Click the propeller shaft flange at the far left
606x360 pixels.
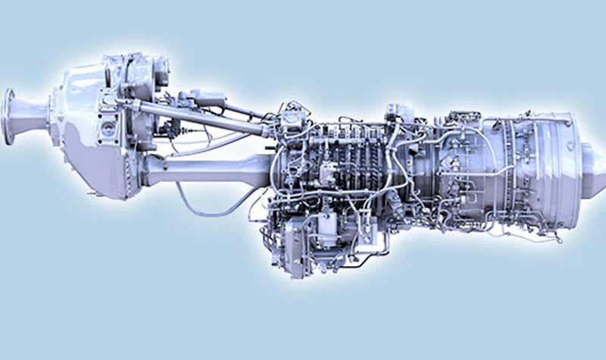pos(9,115)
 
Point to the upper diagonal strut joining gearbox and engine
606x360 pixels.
pos(197,114)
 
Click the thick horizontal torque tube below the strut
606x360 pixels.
pos(205,168)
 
